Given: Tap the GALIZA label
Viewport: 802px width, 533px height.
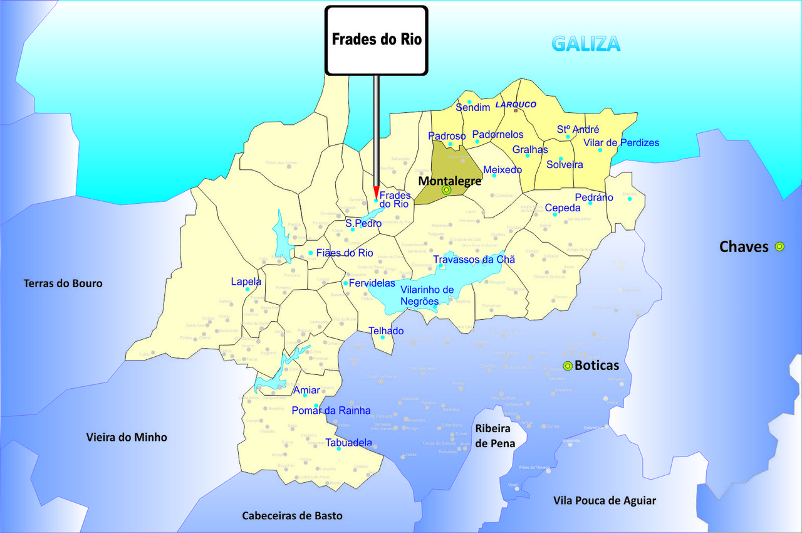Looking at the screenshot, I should coord(586,44).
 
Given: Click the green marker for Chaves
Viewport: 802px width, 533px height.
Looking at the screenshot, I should coord(779,246).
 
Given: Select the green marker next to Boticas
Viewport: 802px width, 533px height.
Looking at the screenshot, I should coord(568,366).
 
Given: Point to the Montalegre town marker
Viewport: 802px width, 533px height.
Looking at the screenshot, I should coord(446,189).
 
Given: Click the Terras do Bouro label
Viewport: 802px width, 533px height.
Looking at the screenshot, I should coord(63,283).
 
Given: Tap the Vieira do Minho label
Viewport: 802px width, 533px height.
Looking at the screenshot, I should coord(127,437).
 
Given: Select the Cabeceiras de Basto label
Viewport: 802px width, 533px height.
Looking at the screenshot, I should coord(293,515).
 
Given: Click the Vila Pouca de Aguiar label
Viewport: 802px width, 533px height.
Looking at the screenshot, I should coord(605,500).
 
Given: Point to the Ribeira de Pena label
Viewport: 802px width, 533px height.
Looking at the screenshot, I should coord(495,436).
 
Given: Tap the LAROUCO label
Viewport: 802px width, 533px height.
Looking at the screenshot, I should coord(516,105).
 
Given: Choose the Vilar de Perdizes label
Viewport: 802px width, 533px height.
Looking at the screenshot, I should coord(621,143).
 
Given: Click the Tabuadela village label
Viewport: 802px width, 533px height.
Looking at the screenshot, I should coord(348,442).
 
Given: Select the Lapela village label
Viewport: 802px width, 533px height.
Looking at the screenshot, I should coord(246,282).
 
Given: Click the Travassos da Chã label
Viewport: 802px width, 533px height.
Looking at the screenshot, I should coord(474,259).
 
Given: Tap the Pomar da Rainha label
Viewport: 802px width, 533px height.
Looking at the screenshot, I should coord(331,411).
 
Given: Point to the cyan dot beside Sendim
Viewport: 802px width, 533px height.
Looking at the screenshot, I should coord(469,102).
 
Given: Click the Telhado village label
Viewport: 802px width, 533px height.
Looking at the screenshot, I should coord(386,330).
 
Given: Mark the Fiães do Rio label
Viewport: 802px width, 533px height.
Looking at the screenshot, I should coord(345,253).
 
